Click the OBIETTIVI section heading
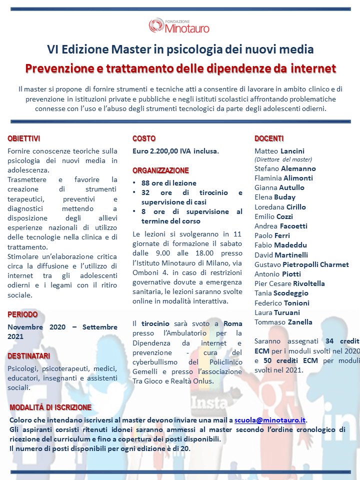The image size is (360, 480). [24, 138]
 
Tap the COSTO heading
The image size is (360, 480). [144, 138]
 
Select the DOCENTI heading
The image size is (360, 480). [269, 138]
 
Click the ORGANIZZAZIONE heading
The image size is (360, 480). [160, 170]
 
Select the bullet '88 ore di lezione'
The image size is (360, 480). [168, 183]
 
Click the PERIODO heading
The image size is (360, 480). [22, 314]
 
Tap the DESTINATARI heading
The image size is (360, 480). [28, 355]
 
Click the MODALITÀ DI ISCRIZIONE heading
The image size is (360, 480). [50, 407]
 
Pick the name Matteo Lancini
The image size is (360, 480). [279, 151]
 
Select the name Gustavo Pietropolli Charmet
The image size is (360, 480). [301, 264]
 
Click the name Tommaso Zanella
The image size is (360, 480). [283, 322]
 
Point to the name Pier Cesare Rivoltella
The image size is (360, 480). [289, 283]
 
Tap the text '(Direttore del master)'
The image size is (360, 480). [283, 159]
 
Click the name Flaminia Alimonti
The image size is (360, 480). [283, 178]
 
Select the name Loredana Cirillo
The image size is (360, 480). [280, 207]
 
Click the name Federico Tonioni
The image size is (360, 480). [281, 303]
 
